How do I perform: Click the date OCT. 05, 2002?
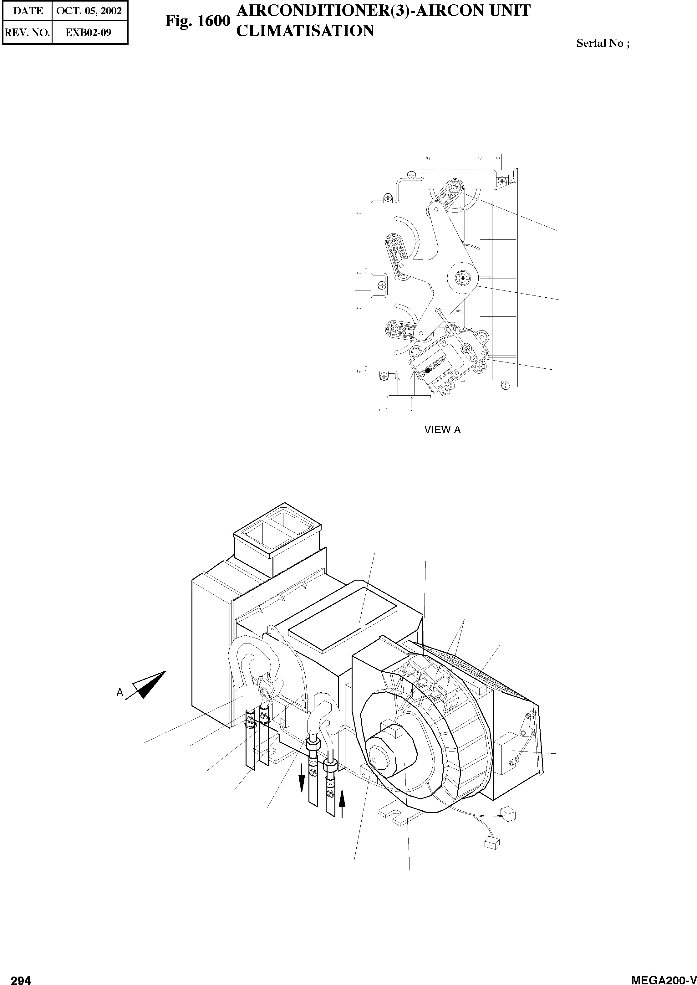[x=89, y=11]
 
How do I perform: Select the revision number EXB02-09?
[x=89, y=32]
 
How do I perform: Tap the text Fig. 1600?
[x=197, y=21]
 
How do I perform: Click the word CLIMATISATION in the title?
[x=305, y=31]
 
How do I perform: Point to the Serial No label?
[x=603, y=44]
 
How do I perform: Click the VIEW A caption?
[x=442, y=430]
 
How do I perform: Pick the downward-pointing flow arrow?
[x=302, y=777]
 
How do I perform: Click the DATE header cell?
[x=28, y=11]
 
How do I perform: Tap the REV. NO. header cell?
[x=27, y=32]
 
